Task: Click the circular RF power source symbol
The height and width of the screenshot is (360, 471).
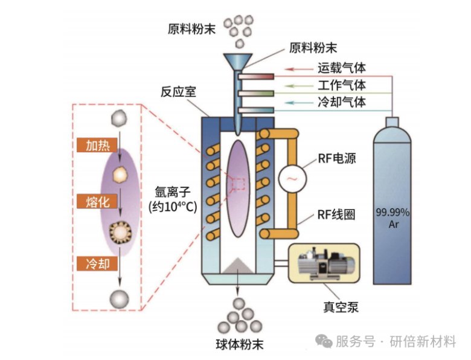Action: [292, 179]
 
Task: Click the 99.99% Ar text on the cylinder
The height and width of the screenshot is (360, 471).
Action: [393, 218]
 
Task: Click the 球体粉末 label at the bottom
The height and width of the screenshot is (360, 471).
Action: [240, 346]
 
